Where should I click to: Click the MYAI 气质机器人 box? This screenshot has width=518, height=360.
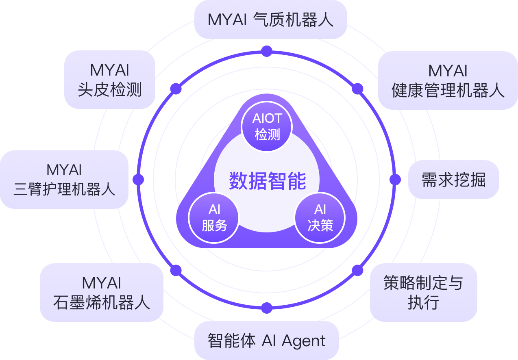coord(270,20)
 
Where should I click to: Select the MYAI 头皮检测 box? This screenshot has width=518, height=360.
coord(110,80)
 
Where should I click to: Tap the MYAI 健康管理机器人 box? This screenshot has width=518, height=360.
coord(448,80)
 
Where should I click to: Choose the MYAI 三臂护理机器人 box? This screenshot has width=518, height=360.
coord(64,179)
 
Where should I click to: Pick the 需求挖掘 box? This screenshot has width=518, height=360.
coord(453,179)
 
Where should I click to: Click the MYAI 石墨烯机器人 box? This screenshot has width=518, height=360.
coord(102,293)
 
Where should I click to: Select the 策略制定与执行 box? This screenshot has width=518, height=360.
coord(423,293)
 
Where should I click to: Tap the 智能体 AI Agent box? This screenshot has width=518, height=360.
coord(267,340)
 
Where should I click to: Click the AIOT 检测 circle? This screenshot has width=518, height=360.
coord(267,126)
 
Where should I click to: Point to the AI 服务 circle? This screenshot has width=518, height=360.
coord(214,217)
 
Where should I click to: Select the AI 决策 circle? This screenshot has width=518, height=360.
coord(320,217)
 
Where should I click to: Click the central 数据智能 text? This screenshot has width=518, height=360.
coord(267,181)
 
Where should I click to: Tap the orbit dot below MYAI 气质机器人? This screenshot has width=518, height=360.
coord(267,51)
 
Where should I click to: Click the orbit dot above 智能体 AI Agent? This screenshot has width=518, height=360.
coord(267,308)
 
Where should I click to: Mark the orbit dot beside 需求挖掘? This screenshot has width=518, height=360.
coord(395,180)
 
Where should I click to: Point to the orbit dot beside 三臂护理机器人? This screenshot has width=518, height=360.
coord(138,180)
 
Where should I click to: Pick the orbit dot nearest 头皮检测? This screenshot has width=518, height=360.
coord(176,89)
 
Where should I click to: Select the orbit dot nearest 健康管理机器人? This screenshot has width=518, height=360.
coord(357,89)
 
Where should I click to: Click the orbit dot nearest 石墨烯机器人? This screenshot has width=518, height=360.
coord(176,270)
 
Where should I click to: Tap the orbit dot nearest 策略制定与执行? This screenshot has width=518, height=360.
coord(357,270)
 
